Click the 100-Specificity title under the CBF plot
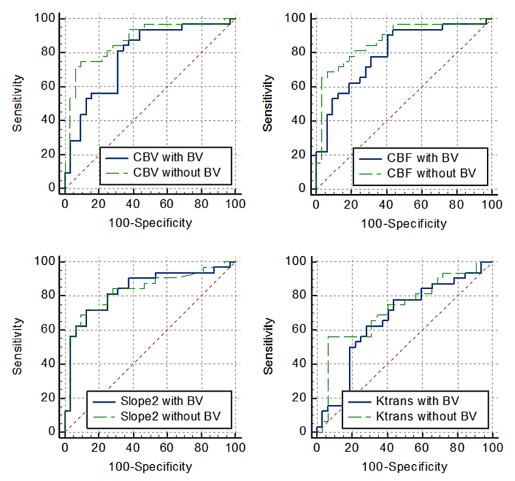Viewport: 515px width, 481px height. (x=404, y=223)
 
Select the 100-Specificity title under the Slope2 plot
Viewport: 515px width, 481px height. (x=150, y=466)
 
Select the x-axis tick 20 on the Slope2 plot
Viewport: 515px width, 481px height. (x=99, y=448)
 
